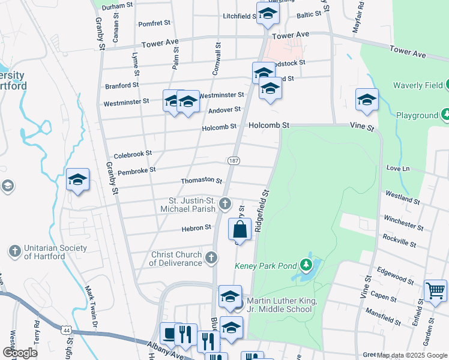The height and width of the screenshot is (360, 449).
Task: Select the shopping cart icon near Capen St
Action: [x=436, y=291]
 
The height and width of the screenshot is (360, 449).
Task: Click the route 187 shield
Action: [x=234, y=160]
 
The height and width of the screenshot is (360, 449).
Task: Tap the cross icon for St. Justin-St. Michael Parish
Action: [x=225, y=204]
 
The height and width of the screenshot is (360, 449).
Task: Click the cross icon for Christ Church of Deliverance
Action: [x=211, y=258]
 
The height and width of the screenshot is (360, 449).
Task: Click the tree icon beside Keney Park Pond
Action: [x=307, y=264]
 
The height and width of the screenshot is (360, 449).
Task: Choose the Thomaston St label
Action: [x=202, y=181]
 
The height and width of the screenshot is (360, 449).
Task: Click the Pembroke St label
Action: [x=136, y=170]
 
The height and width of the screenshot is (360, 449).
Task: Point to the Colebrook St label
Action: [x=133, y=154]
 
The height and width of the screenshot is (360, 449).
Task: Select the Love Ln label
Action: [x=397, y=169]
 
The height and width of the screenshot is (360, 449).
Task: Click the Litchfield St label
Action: [x=239, y=16]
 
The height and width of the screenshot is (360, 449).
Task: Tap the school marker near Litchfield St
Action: [x=267, y=14]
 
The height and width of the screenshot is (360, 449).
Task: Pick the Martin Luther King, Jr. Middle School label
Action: [x=279, y=305]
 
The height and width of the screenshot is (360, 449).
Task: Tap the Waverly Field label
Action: [x=418, y=85]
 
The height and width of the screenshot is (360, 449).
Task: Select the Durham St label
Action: [x=117, y=6]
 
